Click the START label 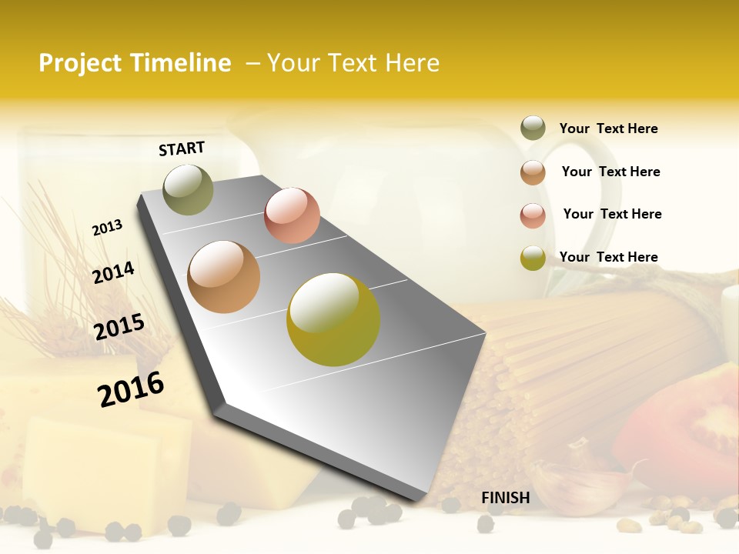pyautogui.click(x=182, y=149)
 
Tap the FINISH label pyautogui.click(x=505, y=498)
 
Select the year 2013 pyautogui.click(x=107, y=227)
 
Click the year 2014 pyautogui.click(x=113, y=272)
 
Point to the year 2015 pyautogui.click(x=119, y=326)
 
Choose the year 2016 pyautogui.click(x=131, y=389)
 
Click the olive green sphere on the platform pyautogui.click(x=188, y=189)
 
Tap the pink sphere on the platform pyautogui.click(x=292, y=215)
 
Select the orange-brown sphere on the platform pyautogui.click(x=223, y=276)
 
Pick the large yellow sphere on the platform pyautogui.click(x=333, y=319)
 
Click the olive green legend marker pyautogui.click(x=533, y=128)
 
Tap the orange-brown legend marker pyautogui.click(x=533, y=172)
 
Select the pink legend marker pyautogui.click(x=533, y=215)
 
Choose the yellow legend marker pyautogui.click(x=533, y=258)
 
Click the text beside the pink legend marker pyautogui.click(x=612, y=214)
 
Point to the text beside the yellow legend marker pyautogui.click(x=608, y=257)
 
